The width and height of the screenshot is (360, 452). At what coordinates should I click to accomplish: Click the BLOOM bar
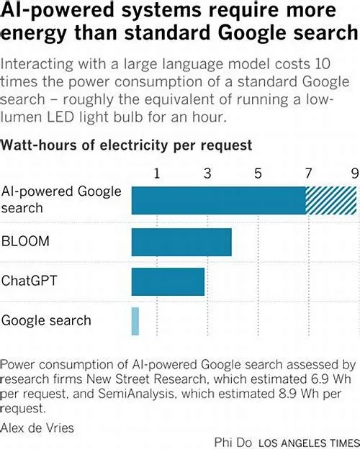(181, 242)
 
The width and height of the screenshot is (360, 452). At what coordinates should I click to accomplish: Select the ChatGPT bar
(168, 281)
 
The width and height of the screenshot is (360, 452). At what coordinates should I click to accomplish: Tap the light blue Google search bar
(135, 321)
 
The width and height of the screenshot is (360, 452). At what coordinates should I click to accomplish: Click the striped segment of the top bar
(331, 200)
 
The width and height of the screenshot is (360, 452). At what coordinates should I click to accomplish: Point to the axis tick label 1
(157, 173)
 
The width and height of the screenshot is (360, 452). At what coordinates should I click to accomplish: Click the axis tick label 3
(207, 173)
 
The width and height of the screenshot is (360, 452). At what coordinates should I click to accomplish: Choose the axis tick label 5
(258, 173)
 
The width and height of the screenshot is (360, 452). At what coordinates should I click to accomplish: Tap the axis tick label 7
(308, 173)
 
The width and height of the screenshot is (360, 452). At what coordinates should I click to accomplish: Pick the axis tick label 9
(355, 173)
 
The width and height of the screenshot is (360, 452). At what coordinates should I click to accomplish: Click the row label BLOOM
(25, 241)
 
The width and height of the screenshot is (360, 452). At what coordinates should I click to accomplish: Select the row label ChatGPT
(29, 281)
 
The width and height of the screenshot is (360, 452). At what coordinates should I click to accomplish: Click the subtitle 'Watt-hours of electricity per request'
(126, 145)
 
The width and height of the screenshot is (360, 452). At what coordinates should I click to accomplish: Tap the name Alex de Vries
(37, 428)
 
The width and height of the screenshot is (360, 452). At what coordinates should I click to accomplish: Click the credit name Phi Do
(233, 443)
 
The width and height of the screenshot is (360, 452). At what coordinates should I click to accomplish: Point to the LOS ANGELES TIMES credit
(309, 443)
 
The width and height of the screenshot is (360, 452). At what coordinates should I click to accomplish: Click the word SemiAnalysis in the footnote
(137, 394)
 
